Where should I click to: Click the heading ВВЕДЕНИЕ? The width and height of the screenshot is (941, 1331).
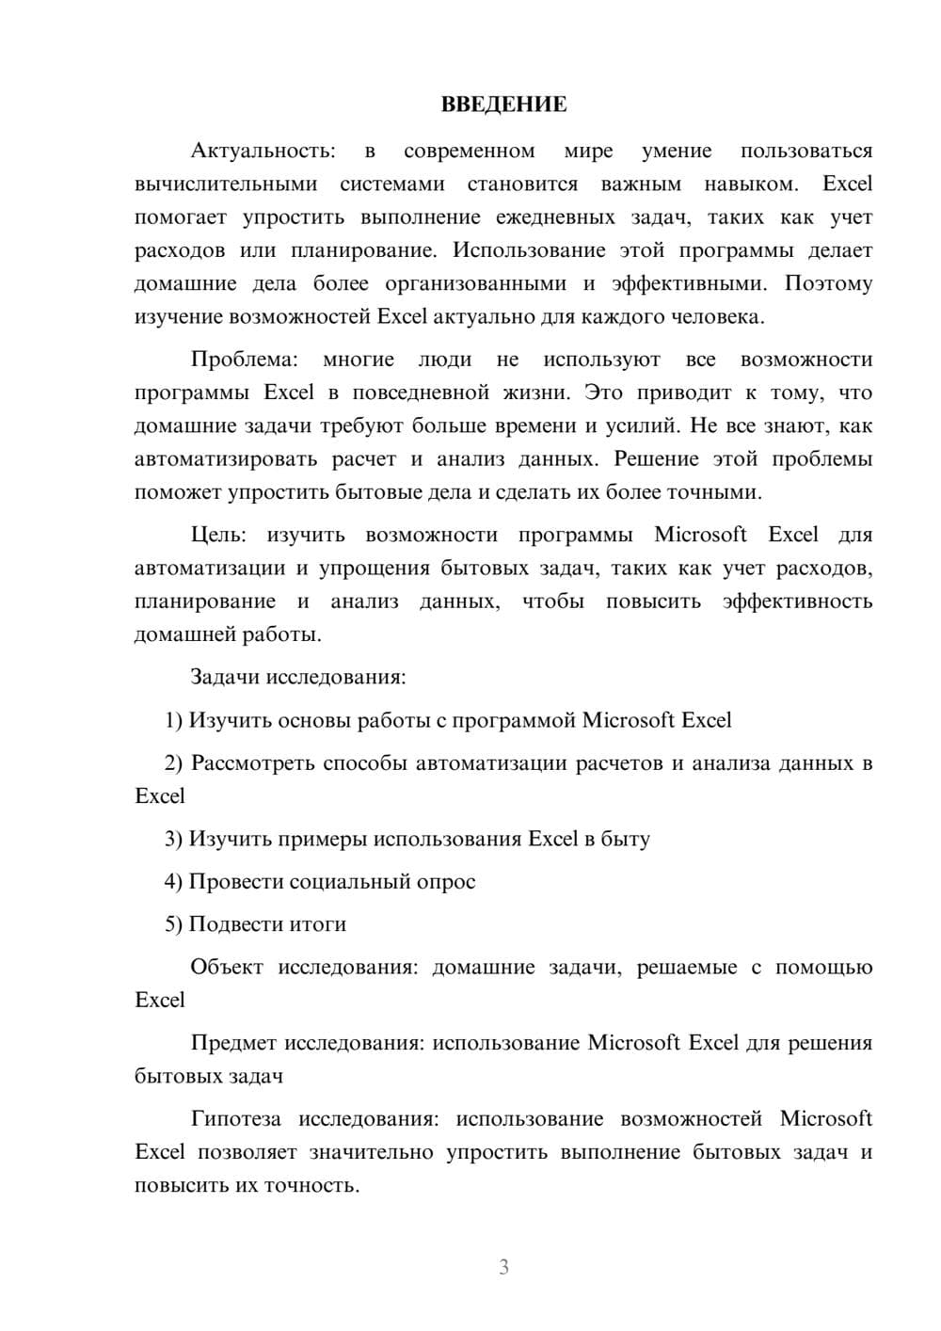pyautogui.click(x=503, y=104)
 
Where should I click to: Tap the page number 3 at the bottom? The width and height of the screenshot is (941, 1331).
pyautogui.click(x=503, y=1267)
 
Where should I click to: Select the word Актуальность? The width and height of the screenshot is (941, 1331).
pyautogui.click(x=262, y=151)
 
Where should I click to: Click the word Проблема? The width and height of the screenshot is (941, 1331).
pyautogui.click(x=244, y=360)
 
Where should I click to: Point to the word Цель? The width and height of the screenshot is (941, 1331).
pyautogui.click(x=218, y=535)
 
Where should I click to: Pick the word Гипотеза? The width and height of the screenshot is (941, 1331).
pyautogui.click(x=235, y=1118)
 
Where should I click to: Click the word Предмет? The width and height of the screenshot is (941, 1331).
pyautogui.click(x=232, y=1043)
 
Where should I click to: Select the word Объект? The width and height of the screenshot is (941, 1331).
pyautogui.click(x=227, y=967)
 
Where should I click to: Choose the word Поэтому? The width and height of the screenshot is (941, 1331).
pyautogui.click(x=828, y=283)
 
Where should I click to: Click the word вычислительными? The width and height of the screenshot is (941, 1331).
pyautogui.click(x=226, y=184)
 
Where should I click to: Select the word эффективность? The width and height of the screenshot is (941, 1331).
pyautogui.click(x=797, y=601)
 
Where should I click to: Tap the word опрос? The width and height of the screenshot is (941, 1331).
pyautogui.click(x=447, y=881)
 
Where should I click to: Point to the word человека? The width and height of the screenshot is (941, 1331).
pyautogui.click(x=717, y=316)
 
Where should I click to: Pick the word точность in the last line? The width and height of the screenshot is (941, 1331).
pyautogui.click(x=310, y=1185)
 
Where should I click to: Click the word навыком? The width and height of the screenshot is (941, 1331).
pyautogui.click(x=749, y=184)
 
